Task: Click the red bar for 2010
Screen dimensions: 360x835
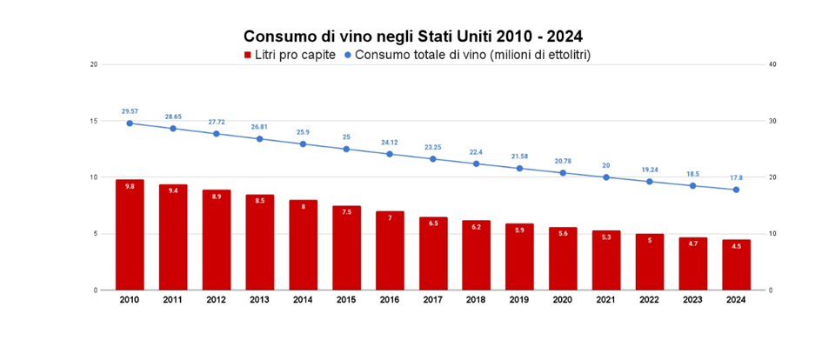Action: click(130, 235)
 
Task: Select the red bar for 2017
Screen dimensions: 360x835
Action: click(432, 253)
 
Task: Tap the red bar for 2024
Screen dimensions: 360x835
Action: click(736, 264)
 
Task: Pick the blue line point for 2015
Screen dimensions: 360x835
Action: click(346, 149)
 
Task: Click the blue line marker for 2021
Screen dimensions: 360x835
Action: click(606, 177)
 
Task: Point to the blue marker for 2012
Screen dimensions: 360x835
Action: click(217, 134)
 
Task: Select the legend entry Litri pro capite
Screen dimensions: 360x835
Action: click(289, 55)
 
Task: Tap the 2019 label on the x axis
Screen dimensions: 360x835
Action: click(519, 300)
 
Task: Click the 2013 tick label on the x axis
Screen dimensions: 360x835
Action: click(259, 300)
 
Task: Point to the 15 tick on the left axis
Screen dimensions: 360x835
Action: click(93, 121)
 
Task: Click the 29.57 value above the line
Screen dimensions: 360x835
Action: click(130, 111)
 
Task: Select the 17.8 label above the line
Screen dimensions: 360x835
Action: click(736, 177)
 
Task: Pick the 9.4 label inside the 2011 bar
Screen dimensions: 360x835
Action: click(173, 190)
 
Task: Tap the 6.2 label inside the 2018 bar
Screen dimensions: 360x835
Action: click(476, 226)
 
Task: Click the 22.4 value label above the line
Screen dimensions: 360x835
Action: click(476, 151)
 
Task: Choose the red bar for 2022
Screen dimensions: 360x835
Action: click(649, 262)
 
